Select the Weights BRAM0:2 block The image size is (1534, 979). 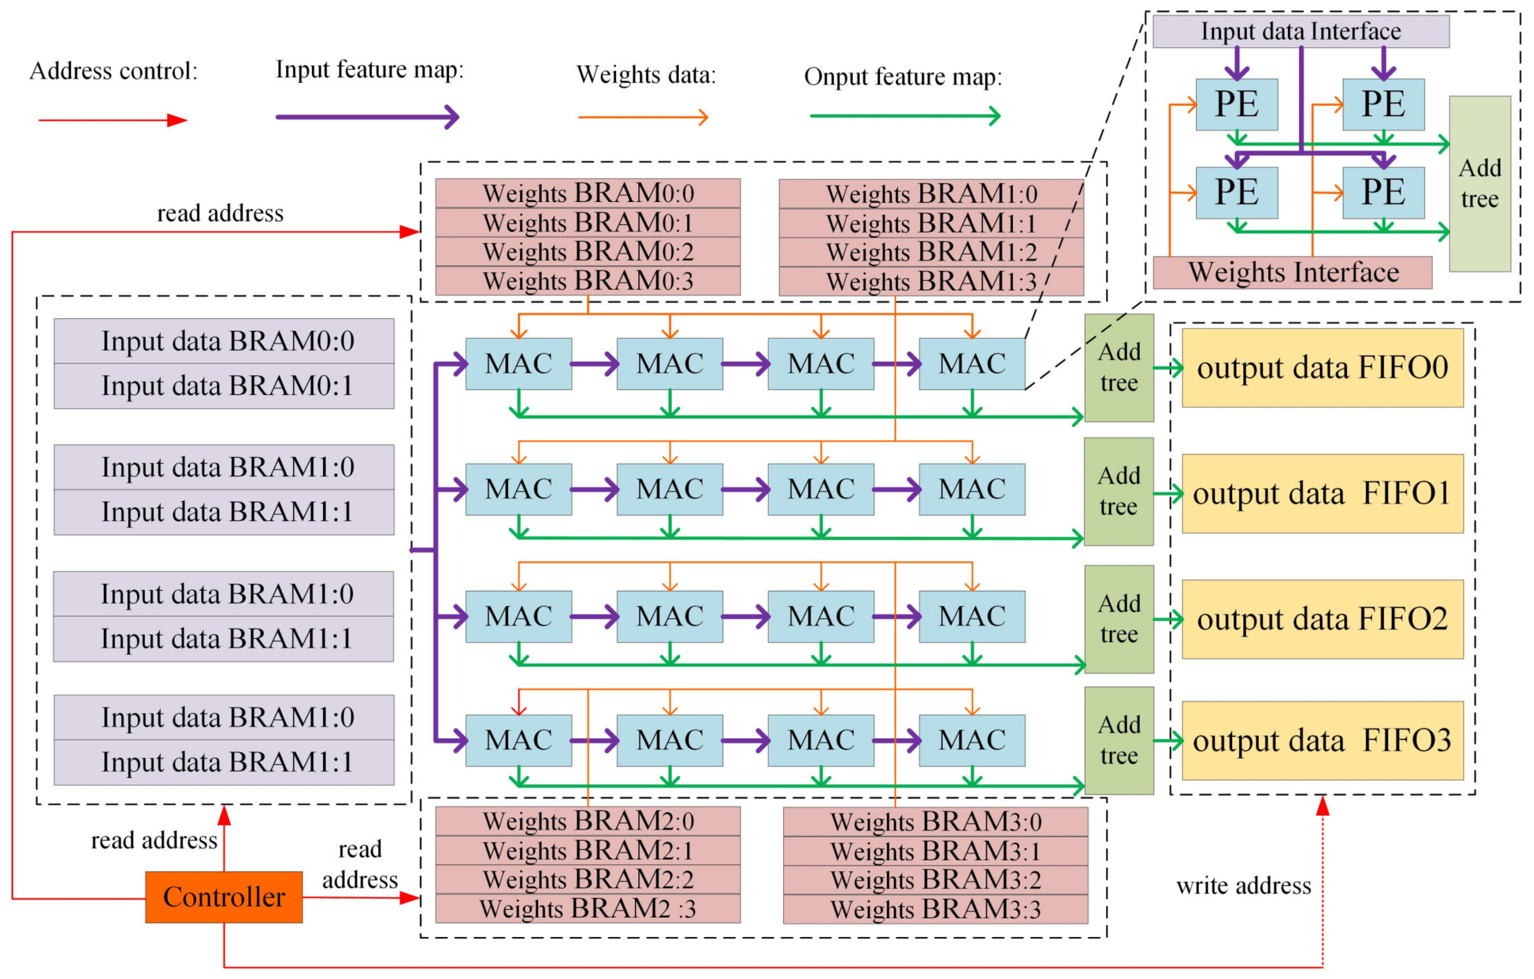point(587,252)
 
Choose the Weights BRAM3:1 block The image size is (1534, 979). point(935,851)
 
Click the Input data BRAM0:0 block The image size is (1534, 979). point(223,341)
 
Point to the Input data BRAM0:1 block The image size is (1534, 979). point(223,386)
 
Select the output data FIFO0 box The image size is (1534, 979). point(1322,368)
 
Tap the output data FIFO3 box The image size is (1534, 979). point(1322,741)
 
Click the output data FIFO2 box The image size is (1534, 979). point(1322,619)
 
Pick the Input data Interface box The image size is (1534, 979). point(1301,31)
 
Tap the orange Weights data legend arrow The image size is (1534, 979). point(643,117)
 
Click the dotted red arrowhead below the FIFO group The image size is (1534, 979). point(1322,806)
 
